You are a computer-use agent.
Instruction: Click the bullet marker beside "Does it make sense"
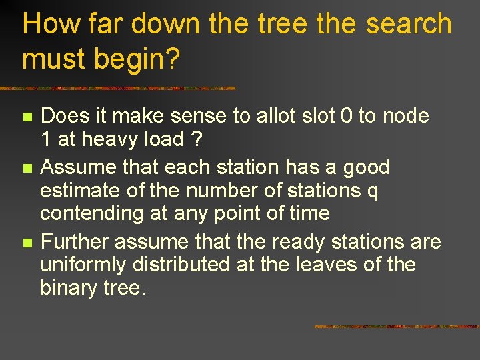pyautogui.click(x=27, y=117)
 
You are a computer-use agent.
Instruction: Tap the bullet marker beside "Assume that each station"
pyautogui.click(x=27, y=167)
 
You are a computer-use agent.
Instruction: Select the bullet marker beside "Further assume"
pyautogui.click(x=27, y=242)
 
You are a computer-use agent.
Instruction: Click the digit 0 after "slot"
pyautogui.click(x=346, y=116)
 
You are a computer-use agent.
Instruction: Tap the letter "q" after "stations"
pyautogui.click(x=373, y=192)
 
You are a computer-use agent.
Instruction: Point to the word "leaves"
pyautogui.click(x=323, y=265)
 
